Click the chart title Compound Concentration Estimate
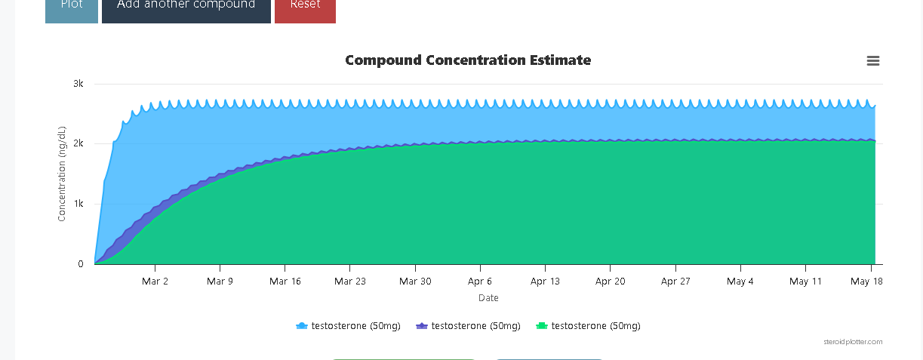coord(468,60)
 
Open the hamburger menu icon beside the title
coord(873,61)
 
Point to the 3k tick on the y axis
coord(78,84)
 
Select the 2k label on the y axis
coord(78,143)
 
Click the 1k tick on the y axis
coord(78,204)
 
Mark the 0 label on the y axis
coord(80,264)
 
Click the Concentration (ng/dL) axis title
coord(62,174)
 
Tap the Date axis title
coord(488,298)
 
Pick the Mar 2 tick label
coord(155,282)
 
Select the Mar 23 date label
coord(349,282)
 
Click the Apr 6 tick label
coord(480,282)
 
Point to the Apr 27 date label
coord(675,282)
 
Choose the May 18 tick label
coord(866,282)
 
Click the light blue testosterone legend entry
coord(348,326)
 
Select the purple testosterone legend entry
coord(468,326)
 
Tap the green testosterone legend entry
coord(588,326)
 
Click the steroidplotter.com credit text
coord(853,342)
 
